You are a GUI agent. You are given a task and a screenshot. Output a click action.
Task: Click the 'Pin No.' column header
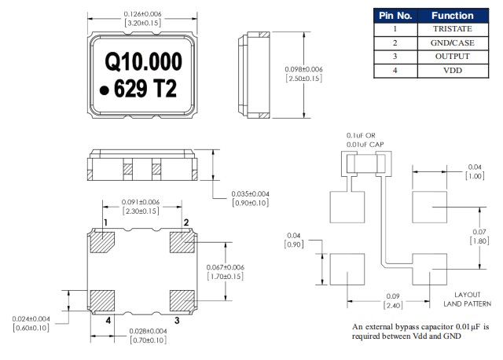click(395, 15)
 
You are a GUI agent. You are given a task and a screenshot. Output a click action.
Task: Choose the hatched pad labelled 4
click(104, 300)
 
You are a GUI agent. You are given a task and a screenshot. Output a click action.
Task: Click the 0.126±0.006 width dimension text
click(144, 14)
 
